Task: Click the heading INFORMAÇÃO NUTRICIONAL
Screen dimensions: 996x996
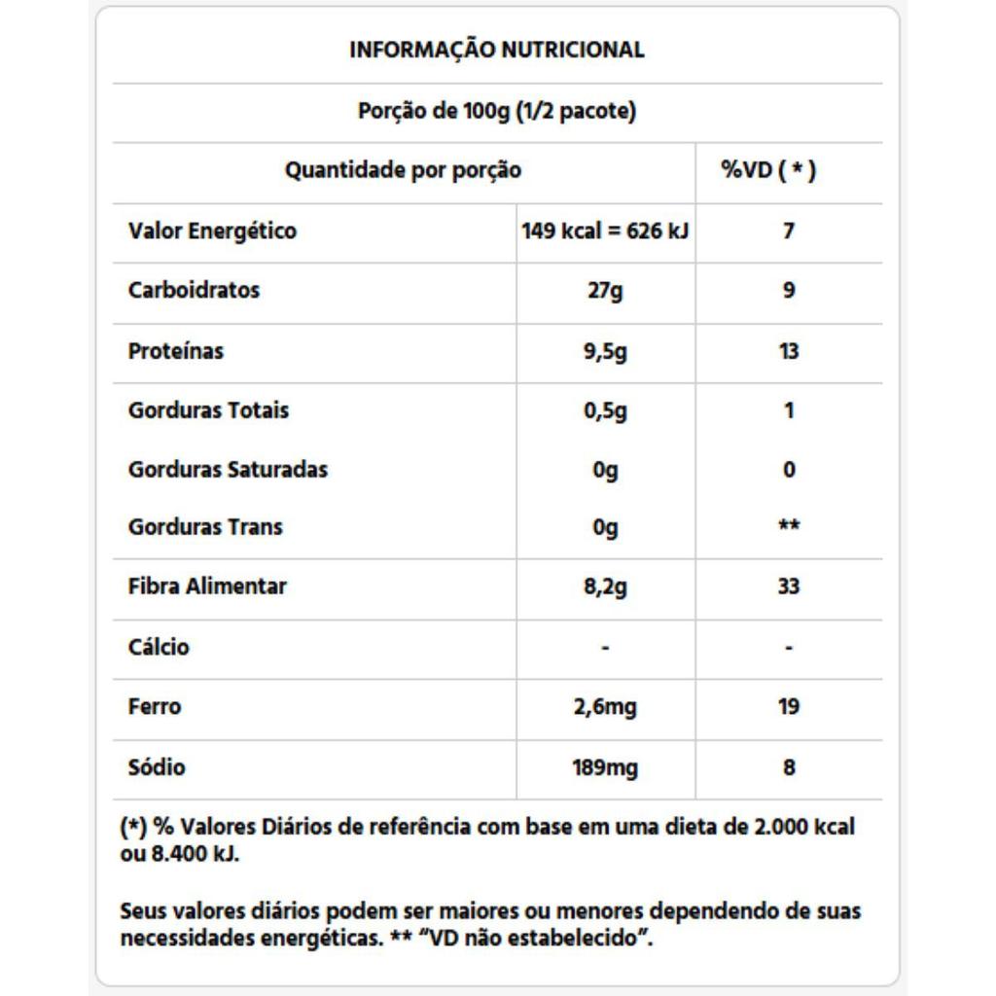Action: click(497, 50)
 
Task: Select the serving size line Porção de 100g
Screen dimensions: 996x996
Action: click(497, 111)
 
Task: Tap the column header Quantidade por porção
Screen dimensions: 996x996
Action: click(403, 171)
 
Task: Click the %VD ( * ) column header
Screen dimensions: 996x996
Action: click(768, 171)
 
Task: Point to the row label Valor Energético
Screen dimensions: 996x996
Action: click(212, 231)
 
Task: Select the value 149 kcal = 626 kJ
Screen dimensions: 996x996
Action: click(606, 231)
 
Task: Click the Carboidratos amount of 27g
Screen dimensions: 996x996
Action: click(605, 291)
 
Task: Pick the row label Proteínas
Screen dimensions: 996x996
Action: click(175, 351)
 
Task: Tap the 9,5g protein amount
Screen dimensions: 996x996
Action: click(605, 351)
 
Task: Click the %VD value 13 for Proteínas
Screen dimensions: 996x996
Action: click(789, 351)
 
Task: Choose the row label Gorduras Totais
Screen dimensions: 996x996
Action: click(208, 410)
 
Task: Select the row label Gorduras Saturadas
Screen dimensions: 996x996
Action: click(228, 470)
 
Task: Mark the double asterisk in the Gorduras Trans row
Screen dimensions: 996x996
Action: click(789, 526)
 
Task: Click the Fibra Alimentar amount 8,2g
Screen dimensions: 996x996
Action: click(605, 587)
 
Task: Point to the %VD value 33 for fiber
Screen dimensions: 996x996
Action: click(789, 587)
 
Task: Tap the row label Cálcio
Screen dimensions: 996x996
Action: click(159, 648)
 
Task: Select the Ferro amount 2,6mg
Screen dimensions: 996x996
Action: click(605, 707)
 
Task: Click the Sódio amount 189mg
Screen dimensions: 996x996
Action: click(605, 768)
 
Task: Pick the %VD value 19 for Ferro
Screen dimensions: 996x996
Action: click(789, 707)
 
